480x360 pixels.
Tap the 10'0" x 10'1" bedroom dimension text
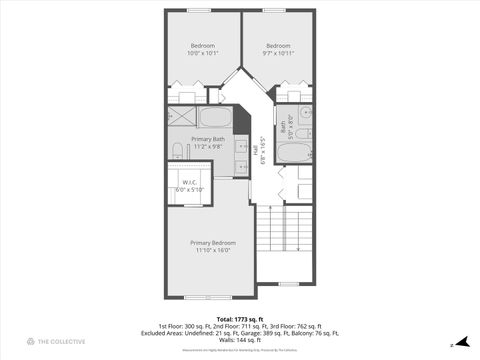[x=203, y=54]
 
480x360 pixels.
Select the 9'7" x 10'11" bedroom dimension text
[x=278, y=54]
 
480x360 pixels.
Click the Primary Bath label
[x=208, y=139]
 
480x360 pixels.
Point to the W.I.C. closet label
[x=189, y=182]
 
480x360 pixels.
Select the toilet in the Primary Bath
[x=177, y=151]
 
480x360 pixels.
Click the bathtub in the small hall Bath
[x=294, y=152]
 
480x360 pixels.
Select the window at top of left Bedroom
[x=203, y=10]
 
